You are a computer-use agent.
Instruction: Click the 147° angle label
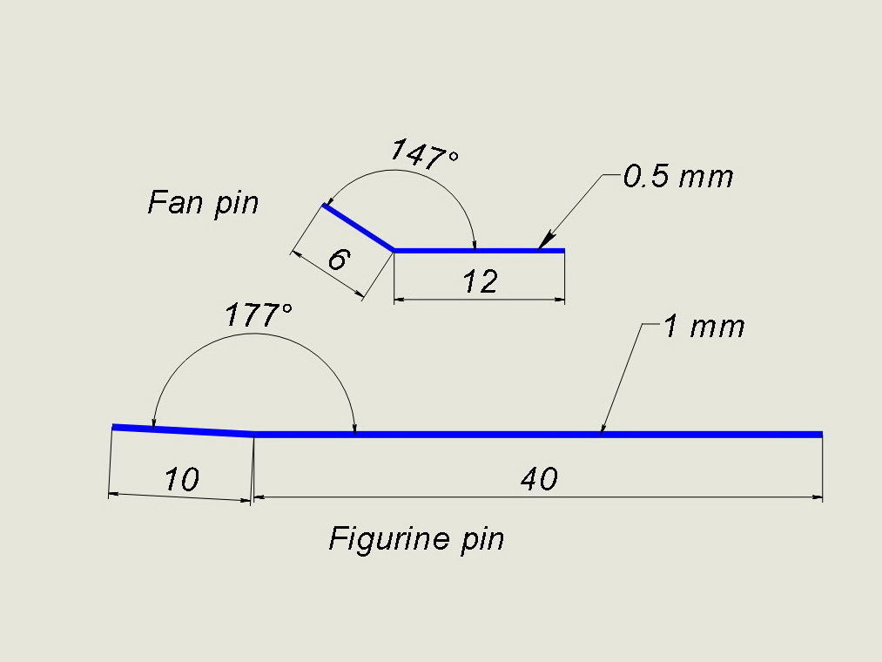click(424, 154)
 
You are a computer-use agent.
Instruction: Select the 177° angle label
click(258, 314)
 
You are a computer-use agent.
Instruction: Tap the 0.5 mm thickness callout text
click(678, 177)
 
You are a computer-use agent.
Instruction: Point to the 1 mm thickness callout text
click(704, 327)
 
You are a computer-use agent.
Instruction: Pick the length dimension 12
click(480, 281)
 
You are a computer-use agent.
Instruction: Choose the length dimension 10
click(181, 479)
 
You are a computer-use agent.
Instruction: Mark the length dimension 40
click(538, 478)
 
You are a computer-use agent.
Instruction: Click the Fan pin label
click(204, 204)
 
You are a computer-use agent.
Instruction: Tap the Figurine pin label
click(416, 539)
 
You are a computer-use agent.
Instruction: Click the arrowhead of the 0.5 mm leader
click(545, 242)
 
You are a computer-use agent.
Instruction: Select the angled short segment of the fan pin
click(359, 227)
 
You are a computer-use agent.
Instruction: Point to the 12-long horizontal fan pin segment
click(479, 251)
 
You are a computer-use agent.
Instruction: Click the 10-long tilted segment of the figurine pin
click(183, 429)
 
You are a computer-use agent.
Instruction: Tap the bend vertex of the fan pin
click(394, 250)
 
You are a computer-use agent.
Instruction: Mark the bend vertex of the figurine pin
click(253, 433)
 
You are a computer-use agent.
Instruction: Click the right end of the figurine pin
click(821, 434)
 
